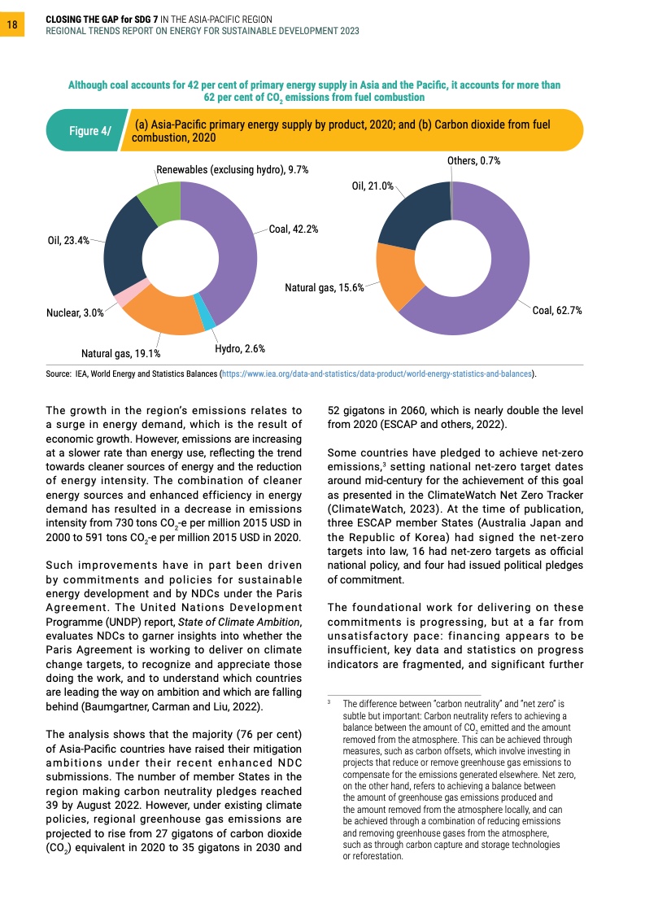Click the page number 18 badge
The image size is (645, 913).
[12, 25]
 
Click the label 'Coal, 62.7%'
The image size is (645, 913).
[556, 311]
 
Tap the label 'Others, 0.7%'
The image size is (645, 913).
[473, 161]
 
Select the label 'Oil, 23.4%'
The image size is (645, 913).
[68, 241]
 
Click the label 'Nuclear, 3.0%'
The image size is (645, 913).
[75, 312]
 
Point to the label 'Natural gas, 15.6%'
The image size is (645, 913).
[324, 287]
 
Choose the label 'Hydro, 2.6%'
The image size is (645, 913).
[240, 348]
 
